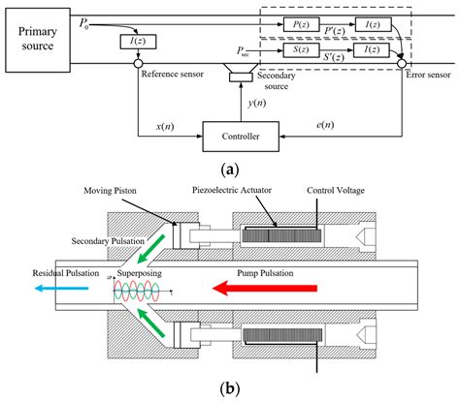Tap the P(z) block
(297, 22)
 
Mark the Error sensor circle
(401, 65)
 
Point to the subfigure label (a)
(230, 169)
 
